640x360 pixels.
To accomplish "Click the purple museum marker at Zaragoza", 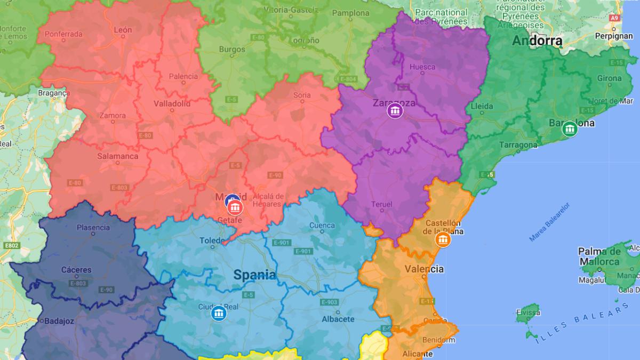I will [395, 111].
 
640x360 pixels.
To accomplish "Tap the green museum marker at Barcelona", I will [570, 129].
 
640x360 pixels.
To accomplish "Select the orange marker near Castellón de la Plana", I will [443, 240].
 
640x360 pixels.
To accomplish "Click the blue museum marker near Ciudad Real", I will [219, 313].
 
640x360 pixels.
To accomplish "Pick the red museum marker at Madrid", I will [235, 206].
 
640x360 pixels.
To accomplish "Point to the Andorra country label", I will [537, 41].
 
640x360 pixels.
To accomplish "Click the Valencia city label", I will [424, 269].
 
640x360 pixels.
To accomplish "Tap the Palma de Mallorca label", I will [599, 257].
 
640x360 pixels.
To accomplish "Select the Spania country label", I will [255, 275].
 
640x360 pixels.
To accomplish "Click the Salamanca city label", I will [118, 156].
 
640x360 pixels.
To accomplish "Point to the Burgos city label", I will [233, 50].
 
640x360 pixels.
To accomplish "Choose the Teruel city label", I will [381, 204].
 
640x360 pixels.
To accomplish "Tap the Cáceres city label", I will [77, 270].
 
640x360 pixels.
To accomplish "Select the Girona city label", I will [609, 78].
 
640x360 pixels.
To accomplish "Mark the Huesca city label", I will [422, 67].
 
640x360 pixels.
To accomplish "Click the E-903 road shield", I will [330, 302].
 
